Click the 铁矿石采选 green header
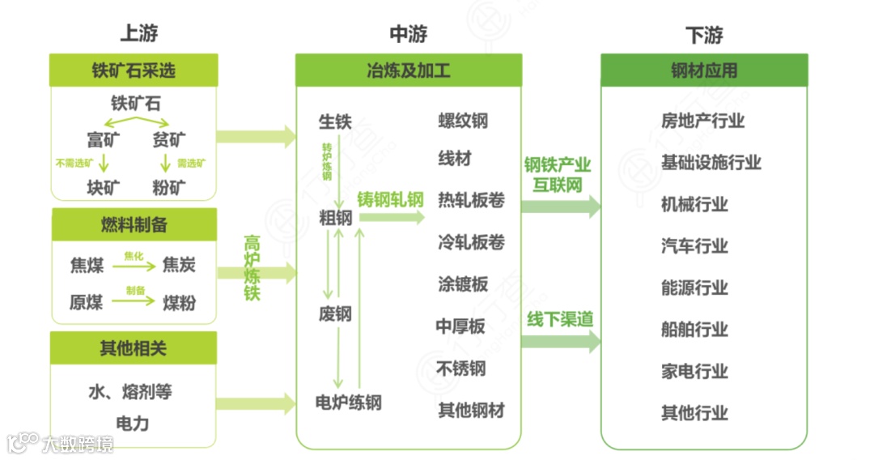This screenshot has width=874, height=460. [134, 70]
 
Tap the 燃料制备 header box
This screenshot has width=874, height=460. [134, 224]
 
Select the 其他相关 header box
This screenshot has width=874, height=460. [134, 348]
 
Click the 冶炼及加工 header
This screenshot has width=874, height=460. [408, 70]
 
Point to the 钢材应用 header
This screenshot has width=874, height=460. [704, 70]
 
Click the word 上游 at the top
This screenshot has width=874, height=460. [138, 34]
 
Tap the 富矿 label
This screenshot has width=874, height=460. [104, 139]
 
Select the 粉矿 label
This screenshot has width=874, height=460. [169, 188]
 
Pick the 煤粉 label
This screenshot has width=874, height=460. [179, 303]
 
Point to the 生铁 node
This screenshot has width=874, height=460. [335, 122]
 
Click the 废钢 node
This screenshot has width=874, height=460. [335, 313]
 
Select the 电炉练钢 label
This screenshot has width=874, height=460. [348, 402]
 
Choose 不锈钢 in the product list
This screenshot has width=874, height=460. [461, 368]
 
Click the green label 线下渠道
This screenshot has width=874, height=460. [560, 319]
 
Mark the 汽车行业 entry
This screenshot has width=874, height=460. [694, 246]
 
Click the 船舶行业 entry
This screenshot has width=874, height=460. [694, 330]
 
